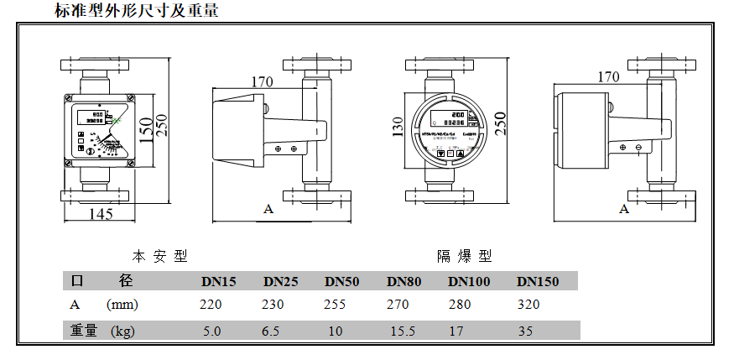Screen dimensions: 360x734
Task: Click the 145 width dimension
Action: click(100, 213)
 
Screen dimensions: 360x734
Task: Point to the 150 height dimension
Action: click(147, 129)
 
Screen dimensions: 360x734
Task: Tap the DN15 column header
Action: click(218, 281)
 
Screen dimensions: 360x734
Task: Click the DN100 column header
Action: click(469, 281)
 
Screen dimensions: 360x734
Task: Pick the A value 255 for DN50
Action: click(335, 305)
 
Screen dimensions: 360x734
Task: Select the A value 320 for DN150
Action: click(529, 305)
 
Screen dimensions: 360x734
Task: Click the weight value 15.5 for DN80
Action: click(403, 331)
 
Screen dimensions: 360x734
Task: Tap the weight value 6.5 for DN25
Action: click(270, 331)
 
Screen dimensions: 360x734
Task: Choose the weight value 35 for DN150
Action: click(525, 331)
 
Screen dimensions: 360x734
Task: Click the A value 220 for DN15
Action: click(211, 305)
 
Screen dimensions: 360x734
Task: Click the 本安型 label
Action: click(159, 255)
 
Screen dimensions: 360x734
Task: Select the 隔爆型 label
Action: click(464, 255)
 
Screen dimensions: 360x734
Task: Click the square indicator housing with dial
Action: click(97, 129)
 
